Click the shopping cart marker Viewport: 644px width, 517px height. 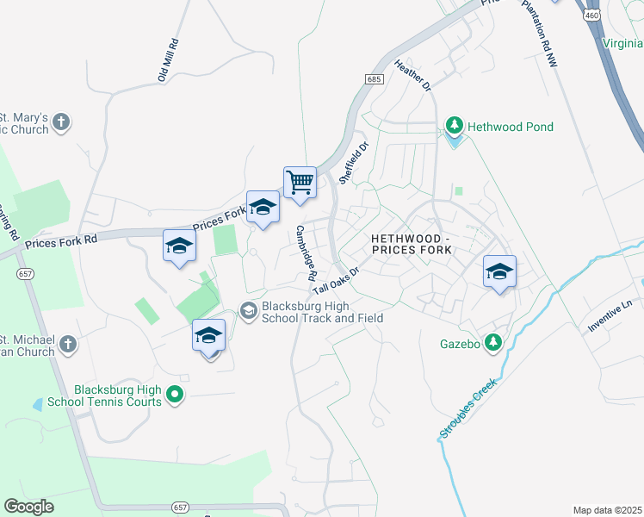tap(300, 183)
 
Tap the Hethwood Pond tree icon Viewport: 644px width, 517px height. tap(455, 127)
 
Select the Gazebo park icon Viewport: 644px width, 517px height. tap(493, 343)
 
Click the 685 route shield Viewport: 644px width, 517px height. tap(373, 79)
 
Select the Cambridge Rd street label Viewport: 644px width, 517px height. tap(307, 253)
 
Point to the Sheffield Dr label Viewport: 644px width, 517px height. tap(353, 163)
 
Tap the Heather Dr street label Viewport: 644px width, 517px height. tap(412, 76)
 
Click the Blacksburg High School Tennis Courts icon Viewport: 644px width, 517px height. tap(175, 396)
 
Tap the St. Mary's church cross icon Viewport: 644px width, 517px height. tap(60, 121)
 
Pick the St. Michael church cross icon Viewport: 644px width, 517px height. tap(67, 346)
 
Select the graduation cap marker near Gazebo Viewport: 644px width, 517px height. tap(499, 272)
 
